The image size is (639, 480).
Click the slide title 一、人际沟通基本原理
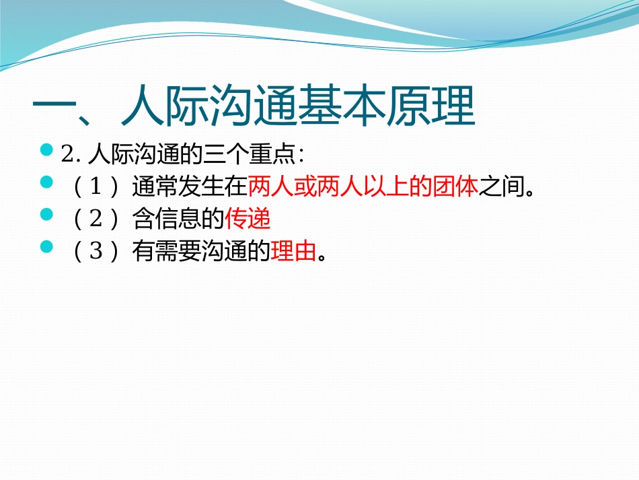tap(254, 106)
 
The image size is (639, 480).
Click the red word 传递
tap(248, 219)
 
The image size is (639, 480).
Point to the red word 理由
tap(293, 252)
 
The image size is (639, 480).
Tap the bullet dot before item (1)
tap(46, 182)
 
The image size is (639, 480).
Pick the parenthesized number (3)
tap(96, 252)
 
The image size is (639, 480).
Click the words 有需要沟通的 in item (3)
tap(202, 252)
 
